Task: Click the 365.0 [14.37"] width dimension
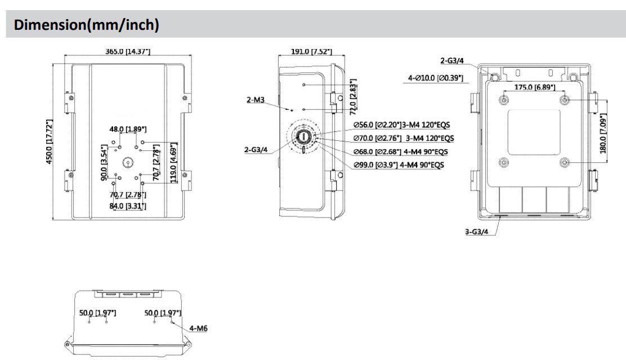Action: (127, 52)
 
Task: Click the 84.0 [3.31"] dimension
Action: (128, 206)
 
